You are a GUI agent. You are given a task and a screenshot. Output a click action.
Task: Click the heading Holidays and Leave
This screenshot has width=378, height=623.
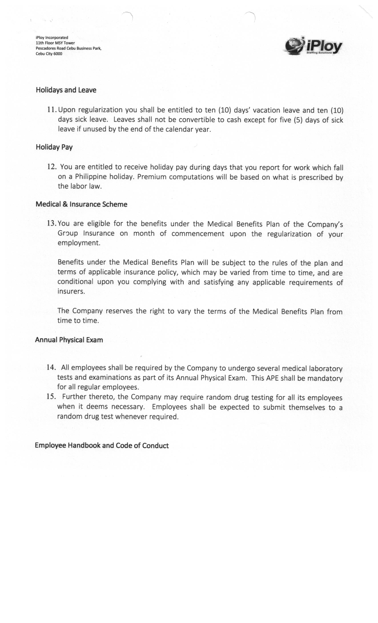pos(66,90)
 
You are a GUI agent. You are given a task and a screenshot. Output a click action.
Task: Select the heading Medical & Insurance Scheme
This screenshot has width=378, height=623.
pos(81,204)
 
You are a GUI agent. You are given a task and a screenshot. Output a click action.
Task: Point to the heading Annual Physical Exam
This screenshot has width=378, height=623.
pos(69,340)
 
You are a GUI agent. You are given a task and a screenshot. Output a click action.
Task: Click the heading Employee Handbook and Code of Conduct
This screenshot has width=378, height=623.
pos(102,445)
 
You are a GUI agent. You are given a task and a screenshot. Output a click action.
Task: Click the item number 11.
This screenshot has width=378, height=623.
pos(52,110)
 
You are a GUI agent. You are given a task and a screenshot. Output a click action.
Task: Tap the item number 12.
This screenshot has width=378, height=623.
pos(52,167)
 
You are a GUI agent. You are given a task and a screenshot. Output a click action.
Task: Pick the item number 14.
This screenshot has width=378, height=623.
pos(51,367)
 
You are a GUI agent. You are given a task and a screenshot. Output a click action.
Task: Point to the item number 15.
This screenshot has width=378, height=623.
pos(51,396)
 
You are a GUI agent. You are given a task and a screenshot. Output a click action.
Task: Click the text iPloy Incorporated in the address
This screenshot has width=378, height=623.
pos(52,38)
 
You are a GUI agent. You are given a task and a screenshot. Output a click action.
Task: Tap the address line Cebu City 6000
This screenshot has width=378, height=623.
pos(49,54)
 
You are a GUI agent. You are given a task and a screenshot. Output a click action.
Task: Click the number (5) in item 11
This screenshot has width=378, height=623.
pos(298,120)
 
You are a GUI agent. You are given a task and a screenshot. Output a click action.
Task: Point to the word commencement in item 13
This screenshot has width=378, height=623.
pos(198,233)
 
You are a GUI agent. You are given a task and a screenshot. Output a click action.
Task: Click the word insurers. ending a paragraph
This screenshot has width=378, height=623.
pos(71,291)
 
